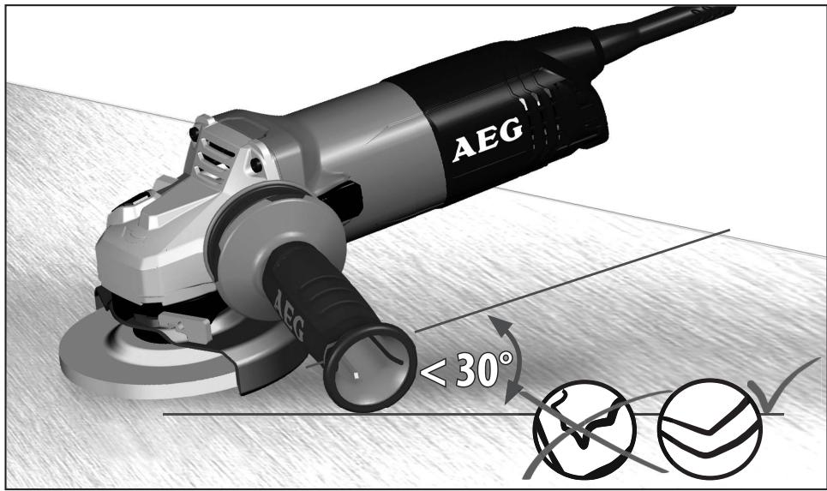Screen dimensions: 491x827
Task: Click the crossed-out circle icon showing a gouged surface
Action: (583, 428)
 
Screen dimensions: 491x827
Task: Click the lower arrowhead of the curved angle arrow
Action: (512, 395)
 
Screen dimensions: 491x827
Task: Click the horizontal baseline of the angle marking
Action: (343, 415)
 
